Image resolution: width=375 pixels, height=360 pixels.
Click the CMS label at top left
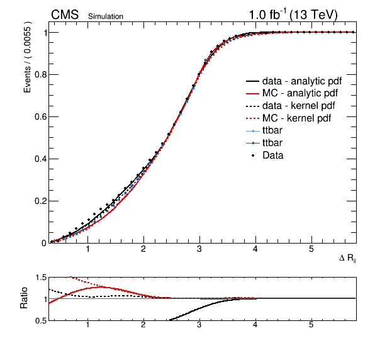click(65, 14)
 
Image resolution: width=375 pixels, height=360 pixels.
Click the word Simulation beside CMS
click(106, 16)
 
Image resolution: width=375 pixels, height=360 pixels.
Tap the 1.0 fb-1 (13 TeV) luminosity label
click(293, 15)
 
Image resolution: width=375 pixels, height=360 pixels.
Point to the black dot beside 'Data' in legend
click(253, 155)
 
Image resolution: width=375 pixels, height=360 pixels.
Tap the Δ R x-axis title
click(347, 258)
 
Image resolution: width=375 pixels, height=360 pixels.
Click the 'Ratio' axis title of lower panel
click(24, 298)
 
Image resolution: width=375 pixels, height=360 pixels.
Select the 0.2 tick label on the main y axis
click(40, 201)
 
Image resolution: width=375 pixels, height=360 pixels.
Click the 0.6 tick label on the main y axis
click(40, 116)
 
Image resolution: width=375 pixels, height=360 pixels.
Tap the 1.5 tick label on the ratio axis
click(41, 278)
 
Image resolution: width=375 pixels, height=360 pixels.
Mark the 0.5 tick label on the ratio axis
click(41, 320)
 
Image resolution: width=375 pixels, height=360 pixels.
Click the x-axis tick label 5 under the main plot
click(311, 249)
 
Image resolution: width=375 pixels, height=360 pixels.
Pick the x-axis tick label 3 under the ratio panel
click(199, 325)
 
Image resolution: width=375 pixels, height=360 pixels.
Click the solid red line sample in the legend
click(253, 94)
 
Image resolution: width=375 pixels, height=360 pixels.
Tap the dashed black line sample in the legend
click(253, 106)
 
